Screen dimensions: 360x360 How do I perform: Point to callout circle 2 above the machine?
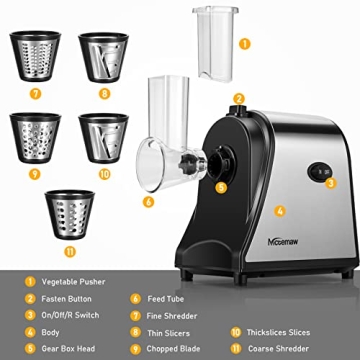pyautogui.click(x=239, y=99)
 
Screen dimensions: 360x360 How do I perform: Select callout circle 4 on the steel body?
pyautogui.click(x=280, y=210)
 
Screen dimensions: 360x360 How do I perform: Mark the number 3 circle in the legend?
pyautogui.click(x=30, y=315)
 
